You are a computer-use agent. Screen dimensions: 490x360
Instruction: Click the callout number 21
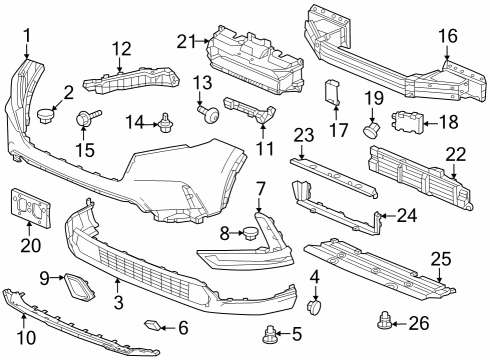click(185, 42)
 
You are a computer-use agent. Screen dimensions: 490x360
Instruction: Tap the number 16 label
click(448, 36)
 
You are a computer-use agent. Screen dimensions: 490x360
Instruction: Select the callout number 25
click(441, 259)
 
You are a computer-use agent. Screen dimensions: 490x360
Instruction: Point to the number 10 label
click(26, 337)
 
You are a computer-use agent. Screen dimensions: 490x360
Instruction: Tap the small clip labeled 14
click(164, 123)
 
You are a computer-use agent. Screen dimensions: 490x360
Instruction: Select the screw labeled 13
click(209, 113)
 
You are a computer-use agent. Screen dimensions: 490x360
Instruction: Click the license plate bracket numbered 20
click(31, 208)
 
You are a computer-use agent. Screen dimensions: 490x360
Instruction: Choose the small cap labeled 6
click(152, 325)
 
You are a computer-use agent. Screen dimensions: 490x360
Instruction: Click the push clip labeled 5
click(269, 335)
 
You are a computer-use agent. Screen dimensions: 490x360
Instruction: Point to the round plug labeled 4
click(314, 307)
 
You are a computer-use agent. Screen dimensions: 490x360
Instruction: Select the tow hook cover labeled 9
click(79, 287)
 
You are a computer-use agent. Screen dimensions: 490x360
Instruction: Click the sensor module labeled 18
click(407, 122)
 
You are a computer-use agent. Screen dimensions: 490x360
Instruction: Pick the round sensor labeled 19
click(371, 129)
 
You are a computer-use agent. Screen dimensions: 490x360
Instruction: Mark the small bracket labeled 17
click(332, 92)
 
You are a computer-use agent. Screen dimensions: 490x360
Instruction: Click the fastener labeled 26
click(385, 322)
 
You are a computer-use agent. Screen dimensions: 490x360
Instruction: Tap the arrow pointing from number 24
click(388, 216)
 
